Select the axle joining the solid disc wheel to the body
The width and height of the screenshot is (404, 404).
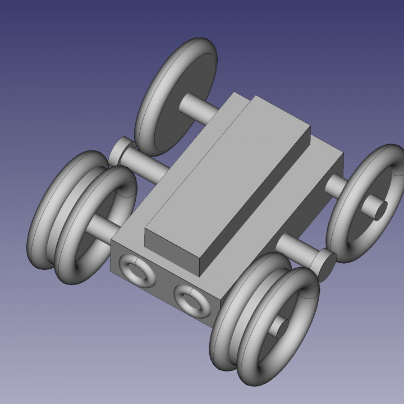click(196, 106)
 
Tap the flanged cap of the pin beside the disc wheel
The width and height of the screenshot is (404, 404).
click(121, 151)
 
